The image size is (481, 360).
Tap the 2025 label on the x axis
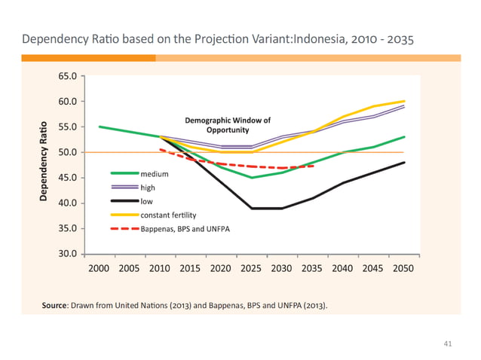pyautogui.click(x=251, y=268)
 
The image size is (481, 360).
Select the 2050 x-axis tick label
pyautogui.click(x=404, y=268)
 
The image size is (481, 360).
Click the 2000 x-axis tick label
pyautogui.click(x=98, y=268)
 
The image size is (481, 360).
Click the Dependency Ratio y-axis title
pyautogui.click(x=44, y=163)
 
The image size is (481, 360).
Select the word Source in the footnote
pyautogui.click(x=55, y=305)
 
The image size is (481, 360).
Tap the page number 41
pyautogui.click(x=447, y=343)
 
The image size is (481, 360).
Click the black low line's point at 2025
pyautogui.click(x=251, y=208)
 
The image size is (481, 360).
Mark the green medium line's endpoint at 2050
pyautogui.click(x=404, y=137)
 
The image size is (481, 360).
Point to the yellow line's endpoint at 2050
pyautogui.click(x=404, y=101)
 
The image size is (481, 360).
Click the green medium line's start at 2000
pyautogui.click(x=99, y=127)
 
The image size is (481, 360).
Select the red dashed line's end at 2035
pyautogui.click(x=312, y=166)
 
